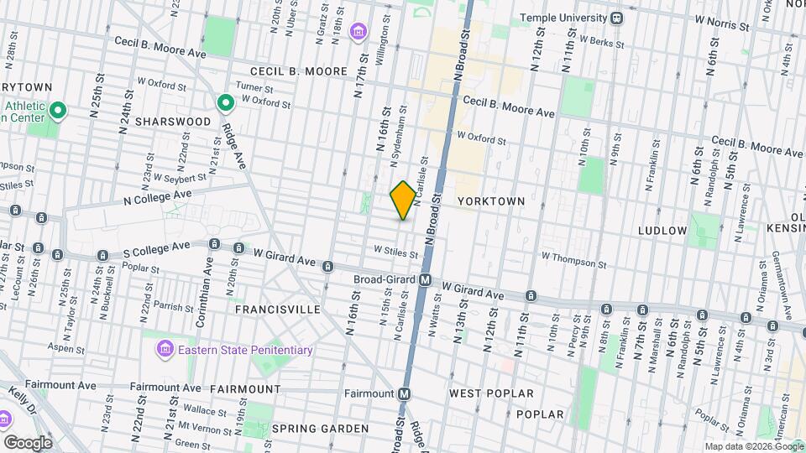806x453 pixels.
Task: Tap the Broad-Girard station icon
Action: [x=426, y=280]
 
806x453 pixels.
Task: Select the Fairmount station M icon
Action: [x=405, y=393]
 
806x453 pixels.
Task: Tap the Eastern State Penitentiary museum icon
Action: [x=165, y=348]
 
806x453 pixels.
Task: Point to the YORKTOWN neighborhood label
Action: [x=491, y=201]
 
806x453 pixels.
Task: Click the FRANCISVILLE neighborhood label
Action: [x=277, y=310]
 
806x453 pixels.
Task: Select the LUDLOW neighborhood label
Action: [x=662, y=230]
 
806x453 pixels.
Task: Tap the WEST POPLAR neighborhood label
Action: [x=491, y=393]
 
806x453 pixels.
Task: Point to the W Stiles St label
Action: [x=395, y=250]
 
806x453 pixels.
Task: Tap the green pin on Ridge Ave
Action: [x=225, y=104]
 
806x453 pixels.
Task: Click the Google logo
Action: [x=28, y=442]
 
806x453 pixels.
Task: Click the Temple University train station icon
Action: [x=617, y=18]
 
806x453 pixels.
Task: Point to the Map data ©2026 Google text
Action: [x=752, y=447]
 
